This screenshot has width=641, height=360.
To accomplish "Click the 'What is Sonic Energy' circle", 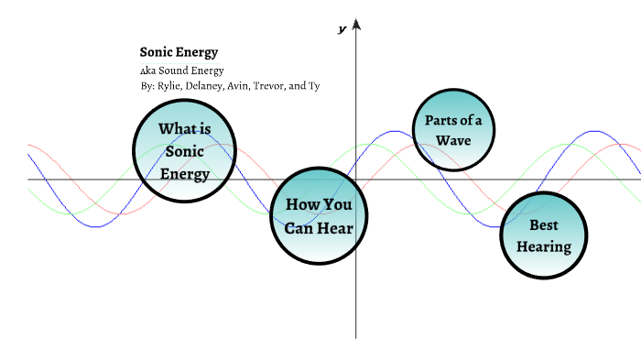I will [x=185, y=150].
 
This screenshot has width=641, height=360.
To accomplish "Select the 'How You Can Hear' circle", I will [x=319, y=216].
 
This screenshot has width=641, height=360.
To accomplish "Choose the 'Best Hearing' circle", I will [x=543, y=235].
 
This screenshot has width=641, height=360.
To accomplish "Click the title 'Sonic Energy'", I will [x=179, y=53].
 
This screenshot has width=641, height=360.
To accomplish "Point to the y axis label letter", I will [x=342, y=29].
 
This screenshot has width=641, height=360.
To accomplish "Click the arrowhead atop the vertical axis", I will [x=356, y=24].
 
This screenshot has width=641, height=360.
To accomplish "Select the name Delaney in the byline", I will [x=206, y=86].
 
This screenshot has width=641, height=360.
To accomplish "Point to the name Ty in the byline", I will [x=313, y=86].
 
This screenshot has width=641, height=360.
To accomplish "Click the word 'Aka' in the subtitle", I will [x=147, y=71].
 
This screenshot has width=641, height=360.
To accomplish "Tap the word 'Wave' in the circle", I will [x=453, y=140].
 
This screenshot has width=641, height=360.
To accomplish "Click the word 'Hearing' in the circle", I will [x=543, y=246].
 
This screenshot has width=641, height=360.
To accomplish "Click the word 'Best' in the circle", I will [x=544, y=224].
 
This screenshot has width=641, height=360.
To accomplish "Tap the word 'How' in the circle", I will [x=303, y=205].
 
